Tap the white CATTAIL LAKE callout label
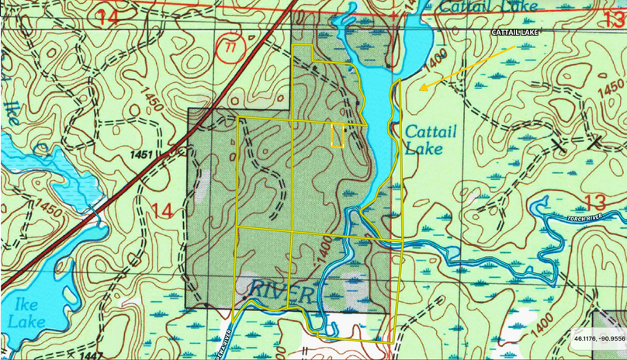[x=514, y=33]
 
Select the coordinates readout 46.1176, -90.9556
[x=600, y=339]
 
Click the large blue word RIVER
[x=282, y=293]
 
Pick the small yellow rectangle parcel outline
[x=338, y=136]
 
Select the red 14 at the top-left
[x=109, y=17]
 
